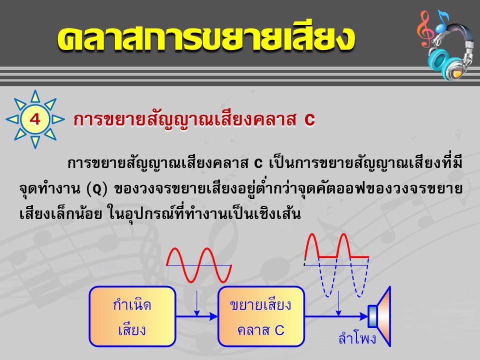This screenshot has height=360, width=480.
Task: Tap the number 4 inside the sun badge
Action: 35,119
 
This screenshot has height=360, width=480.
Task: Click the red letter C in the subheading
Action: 309,119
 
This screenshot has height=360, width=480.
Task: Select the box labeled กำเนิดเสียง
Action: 132,316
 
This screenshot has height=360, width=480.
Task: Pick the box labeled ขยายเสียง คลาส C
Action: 261,316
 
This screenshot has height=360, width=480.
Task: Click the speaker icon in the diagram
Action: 379,316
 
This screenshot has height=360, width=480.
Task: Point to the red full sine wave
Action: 199,265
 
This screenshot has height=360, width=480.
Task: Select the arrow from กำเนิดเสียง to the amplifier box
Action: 196,316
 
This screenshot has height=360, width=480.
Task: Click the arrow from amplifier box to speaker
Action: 336,316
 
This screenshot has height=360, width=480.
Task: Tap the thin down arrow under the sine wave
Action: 197,303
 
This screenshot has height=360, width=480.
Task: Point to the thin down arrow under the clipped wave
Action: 338,303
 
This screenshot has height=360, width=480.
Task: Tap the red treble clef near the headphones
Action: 425,29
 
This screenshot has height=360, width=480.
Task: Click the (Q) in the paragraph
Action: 97,189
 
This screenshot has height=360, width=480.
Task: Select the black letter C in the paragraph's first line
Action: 258,164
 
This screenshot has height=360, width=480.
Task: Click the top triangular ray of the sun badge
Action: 35,96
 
